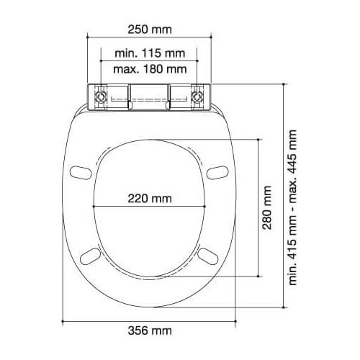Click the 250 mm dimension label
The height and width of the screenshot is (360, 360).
tap(150, 30)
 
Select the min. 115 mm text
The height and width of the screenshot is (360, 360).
tap(150, 53)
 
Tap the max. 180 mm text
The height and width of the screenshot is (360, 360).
tap(150, 69)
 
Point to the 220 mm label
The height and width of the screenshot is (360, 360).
tap(150, 199)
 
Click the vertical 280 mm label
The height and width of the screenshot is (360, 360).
tap(267, 207)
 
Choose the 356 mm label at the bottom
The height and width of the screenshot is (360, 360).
tap(150, 330)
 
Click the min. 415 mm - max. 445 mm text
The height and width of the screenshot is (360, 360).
tap(292, 207)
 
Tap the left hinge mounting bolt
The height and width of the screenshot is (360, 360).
tap(101, 97)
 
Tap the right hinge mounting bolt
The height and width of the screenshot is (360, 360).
tap(197, 97)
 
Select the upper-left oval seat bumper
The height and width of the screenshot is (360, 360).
tap(81, 173)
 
